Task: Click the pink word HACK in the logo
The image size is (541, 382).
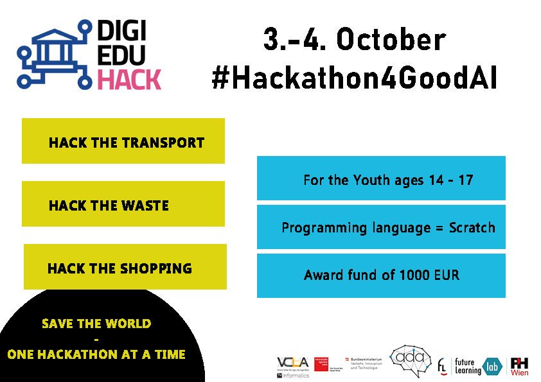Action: (129, 80)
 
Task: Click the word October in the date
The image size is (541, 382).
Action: (390, 40)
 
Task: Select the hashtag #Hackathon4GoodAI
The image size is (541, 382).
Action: (354, 78)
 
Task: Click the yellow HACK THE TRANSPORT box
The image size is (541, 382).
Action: (123, 141)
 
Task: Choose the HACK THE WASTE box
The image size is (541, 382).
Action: (123, 204)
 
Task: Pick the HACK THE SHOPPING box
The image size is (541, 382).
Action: (125, 267)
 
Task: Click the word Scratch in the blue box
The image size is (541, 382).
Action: (472, 227)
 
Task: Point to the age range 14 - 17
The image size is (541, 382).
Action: (450, 180)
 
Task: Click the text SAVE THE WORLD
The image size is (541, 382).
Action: (96, 324)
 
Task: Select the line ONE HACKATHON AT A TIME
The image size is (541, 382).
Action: (96, 354)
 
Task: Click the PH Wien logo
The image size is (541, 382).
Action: (519, 367)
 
